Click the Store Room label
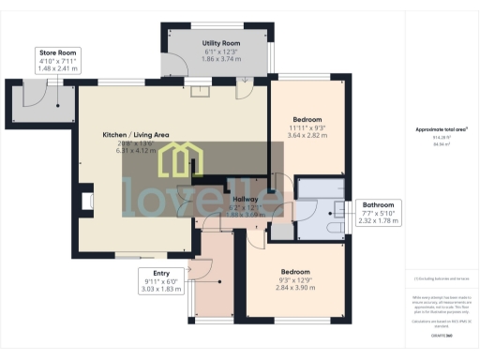58,52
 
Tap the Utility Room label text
222,43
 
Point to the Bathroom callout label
378,204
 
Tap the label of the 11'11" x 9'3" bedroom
307,120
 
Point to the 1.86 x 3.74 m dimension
222,58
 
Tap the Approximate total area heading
440,129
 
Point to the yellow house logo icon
175,161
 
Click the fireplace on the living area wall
87,201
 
